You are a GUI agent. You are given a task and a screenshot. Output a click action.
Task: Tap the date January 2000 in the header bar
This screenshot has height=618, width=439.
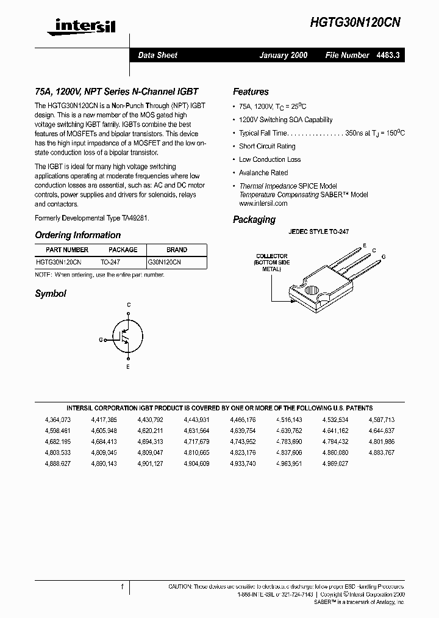pos(283,55)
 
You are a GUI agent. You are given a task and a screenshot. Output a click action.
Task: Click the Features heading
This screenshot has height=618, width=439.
pos(251,92)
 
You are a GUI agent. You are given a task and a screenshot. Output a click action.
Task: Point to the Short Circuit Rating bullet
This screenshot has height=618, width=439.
pos(267,147)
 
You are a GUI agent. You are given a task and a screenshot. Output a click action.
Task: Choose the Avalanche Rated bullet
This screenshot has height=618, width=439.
pos(263,173)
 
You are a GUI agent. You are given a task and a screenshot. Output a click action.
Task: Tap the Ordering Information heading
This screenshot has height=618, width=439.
pos(77,235)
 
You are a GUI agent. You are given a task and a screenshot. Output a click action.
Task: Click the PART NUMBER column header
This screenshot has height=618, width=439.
pos(67,250)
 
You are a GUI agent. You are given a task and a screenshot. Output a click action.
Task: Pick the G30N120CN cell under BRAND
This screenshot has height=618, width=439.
pos(165,261)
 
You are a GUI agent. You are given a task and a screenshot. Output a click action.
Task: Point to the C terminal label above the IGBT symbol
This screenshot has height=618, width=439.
pos(128,304)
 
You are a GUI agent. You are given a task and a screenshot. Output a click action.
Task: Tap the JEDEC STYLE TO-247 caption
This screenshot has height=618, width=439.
pos(318,232)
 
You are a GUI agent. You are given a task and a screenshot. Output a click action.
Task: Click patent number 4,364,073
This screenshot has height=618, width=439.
pos(58,420)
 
